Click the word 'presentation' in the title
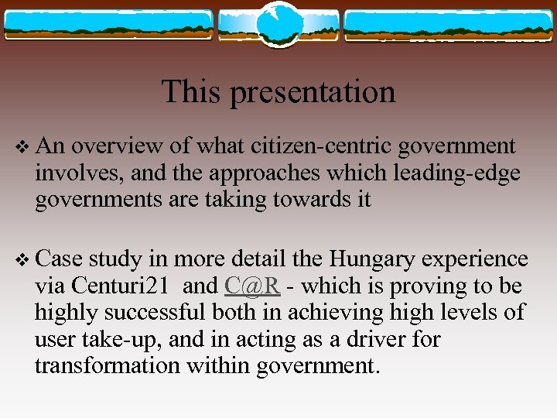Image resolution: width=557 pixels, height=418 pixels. pyautogui.click(x=313, y=93)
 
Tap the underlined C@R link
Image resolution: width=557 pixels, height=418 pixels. pyautogui.click(x=252, y=286)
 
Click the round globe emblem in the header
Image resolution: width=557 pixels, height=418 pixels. pyautogui.click(x=278, y=23)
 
